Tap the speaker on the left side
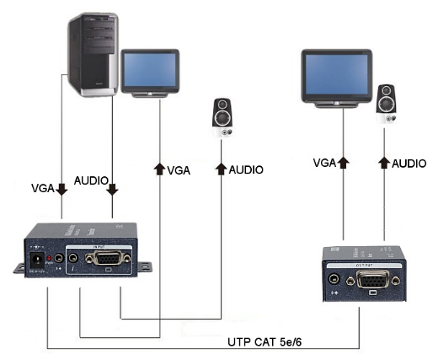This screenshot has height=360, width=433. pyautogui.click(x=223, y=118)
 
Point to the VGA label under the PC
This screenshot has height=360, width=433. pyautogui.click(x=45, y=187)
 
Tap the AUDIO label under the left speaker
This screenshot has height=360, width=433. pyautogui.click(x=246, y=169)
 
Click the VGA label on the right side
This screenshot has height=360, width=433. pyautogui.click(x=325, y=162)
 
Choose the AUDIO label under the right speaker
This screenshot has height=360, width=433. pyautogui.click(x=409, y=162)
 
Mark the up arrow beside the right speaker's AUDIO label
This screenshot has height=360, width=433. pyautogui.click(x=384, y=161)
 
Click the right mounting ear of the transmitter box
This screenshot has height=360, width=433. pyautogui.click(x=146, y=269)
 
